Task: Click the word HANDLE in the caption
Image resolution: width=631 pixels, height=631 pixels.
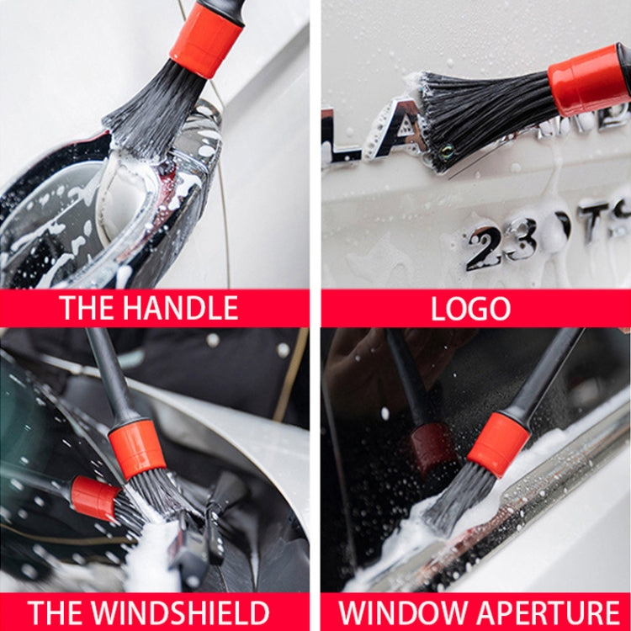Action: [x=181, y=309]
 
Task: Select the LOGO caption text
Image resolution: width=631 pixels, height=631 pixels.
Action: [x=470, y=309]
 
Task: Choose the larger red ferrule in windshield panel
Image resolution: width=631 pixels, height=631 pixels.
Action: [x=136, y=449]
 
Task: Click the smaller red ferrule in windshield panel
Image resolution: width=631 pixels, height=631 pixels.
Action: [x=93, y=497]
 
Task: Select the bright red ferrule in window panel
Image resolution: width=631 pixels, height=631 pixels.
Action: [x=499, y=443]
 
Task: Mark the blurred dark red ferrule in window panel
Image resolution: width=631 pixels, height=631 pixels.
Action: [x=432, y=448]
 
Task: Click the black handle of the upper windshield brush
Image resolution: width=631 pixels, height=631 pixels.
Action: [x=108, y=370]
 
